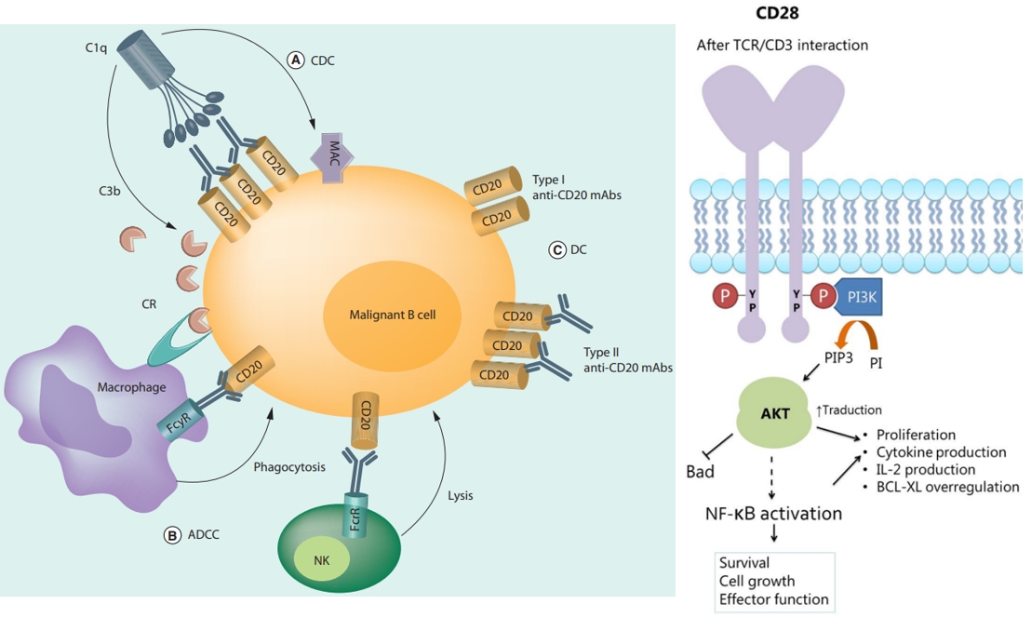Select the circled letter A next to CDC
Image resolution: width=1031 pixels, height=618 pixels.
pyautogui.click(x=296, y=60)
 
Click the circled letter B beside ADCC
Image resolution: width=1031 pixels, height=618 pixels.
pyautogui.click(x=172, y=534)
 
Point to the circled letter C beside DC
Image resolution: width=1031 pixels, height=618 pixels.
pyautogui.click(x=557, y=249)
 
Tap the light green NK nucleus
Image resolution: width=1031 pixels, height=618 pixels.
pyautogui.click(x=319, y=559)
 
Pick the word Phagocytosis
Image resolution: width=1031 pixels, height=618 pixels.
pyautogui.click(x=289, y=466)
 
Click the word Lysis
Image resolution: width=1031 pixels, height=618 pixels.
pyautogui.click(x=460, y=495)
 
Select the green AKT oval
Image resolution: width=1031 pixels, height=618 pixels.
pyautogui.click(x=774, y=413)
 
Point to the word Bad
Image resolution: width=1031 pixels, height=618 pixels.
pyautogui.click(x=700, y=471)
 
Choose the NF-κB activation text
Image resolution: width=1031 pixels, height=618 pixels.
pyautogui.click(x=774, y=514)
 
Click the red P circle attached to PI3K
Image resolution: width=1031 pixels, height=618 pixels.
pyautogui.click(x=822, y=297)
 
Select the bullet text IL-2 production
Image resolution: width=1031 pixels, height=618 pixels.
pyautogui.click(x=926, y=469)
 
